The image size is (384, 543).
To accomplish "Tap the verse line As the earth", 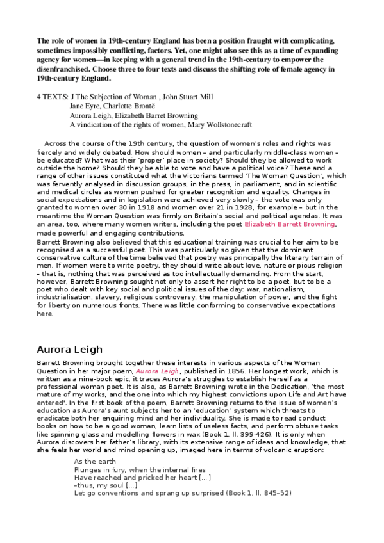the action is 93,461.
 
